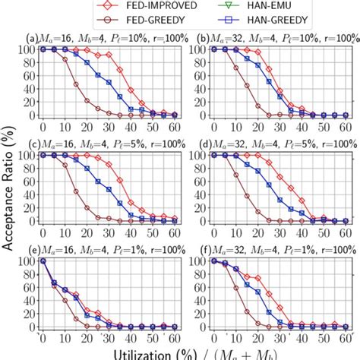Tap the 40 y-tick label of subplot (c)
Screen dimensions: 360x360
[x=30, y=194]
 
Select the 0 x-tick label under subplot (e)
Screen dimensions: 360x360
[x=43, y=338]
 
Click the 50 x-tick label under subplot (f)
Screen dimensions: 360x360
[x=323, y=338]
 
